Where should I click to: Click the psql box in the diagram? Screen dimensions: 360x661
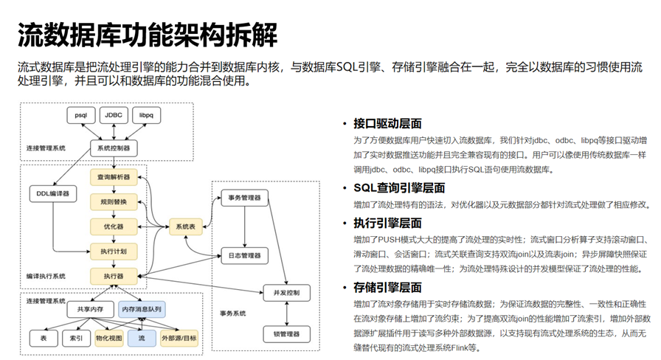(80, 115)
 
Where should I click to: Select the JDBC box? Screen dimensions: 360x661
(114, 115)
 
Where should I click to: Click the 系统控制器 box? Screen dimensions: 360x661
(113, 148)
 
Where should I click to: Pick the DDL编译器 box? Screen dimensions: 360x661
(52, 194)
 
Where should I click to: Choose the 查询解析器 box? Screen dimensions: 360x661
(113, 178)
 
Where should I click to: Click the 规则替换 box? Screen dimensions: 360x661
(113, 202)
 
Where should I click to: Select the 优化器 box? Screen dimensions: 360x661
(113, 226)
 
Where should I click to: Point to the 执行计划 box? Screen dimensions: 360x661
(113, 252)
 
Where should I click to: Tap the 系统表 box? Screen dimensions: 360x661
(185, 226)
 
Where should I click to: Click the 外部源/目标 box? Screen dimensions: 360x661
(179, 339)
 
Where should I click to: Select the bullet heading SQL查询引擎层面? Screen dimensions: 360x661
(399, 187)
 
